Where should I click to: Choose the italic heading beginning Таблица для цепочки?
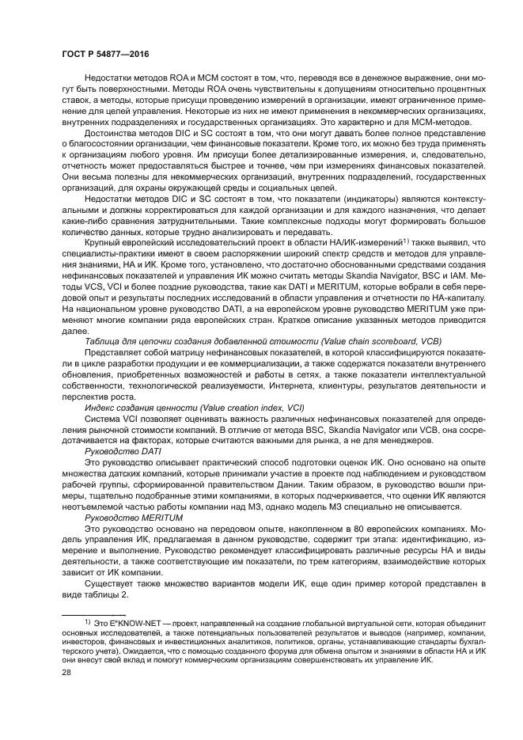pyautogui.click(x=240, y=340)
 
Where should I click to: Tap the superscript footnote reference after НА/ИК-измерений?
pyautogui.click(x=404, y=238)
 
